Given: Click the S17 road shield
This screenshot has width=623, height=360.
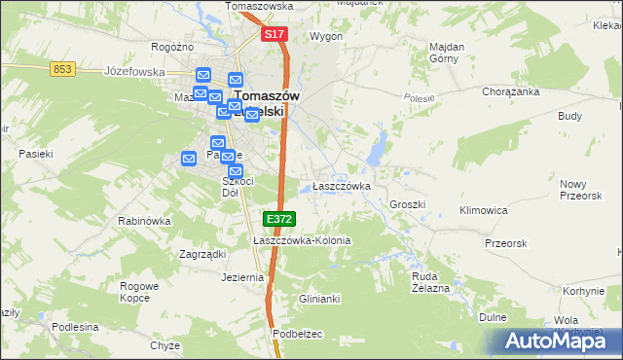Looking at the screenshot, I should coord(275,34).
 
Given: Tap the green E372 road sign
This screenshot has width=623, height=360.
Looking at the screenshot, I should coord(278,220).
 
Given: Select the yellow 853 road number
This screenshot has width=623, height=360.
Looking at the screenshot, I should coord(63,67).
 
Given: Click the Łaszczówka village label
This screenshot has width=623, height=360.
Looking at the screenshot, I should coord(341,186).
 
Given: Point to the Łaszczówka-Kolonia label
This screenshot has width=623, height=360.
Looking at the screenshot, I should coord(301,240).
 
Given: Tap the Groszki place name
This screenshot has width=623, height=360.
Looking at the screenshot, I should coord(408,205).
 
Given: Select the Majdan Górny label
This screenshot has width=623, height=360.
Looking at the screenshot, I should coord(446,52).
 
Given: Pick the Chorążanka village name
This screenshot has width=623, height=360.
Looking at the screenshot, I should coord(511,91).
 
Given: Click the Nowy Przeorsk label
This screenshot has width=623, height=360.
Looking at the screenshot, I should coord(581,189).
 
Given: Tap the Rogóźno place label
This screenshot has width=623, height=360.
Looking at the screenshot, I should coord(173,47).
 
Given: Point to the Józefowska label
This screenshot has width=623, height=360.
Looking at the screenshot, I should coord(134,71).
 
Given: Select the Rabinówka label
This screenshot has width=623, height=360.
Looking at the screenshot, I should coord(144,221).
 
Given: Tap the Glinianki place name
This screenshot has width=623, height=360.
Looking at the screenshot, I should coord(319,299).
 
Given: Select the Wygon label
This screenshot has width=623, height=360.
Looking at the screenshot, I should coord(325,36).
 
